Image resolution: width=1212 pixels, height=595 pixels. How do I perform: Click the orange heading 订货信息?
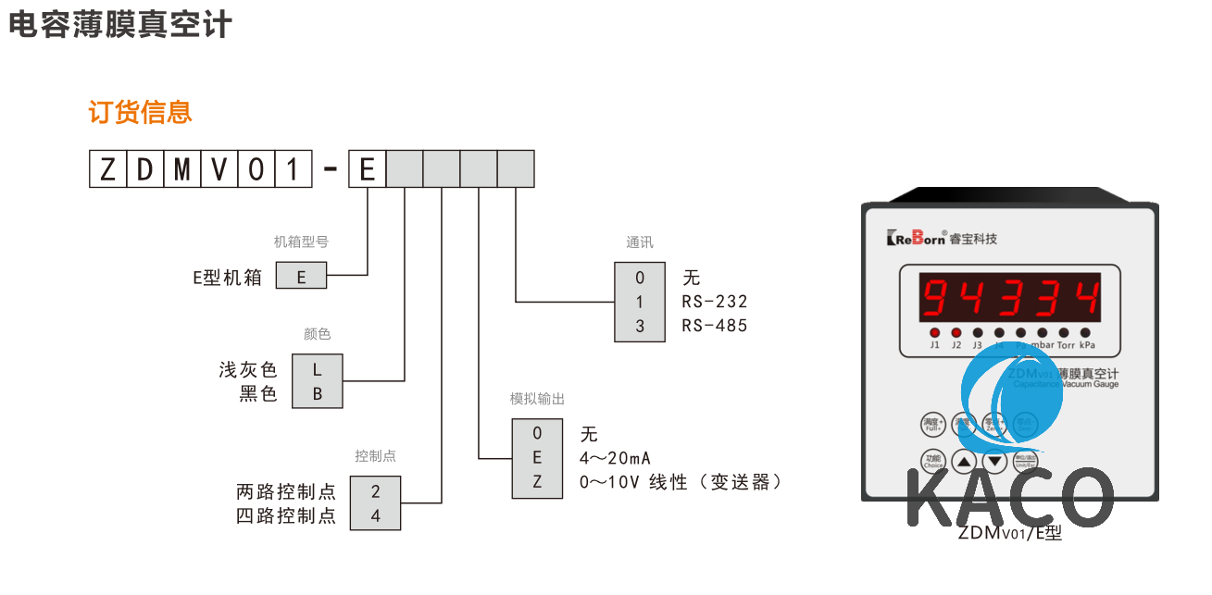click(140, 112)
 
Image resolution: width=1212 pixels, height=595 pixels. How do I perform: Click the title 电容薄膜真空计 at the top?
click(119, 25)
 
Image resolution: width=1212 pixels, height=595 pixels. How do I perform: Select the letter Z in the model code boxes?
click(107, 169)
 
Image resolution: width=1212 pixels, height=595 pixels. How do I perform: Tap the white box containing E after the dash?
click(367, 169)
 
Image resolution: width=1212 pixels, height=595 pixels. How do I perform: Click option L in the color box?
click(318, 368)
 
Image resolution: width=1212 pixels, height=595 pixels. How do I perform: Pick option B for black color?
click(318, 393)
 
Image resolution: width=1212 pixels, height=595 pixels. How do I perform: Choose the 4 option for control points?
click(375, 516)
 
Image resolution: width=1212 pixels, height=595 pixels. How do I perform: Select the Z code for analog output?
click(537, 482)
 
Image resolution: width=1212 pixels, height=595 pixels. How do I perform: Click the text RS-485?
click(714, 326)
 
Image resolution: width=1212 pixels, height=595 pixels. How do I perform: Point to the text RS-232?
click(714, 302)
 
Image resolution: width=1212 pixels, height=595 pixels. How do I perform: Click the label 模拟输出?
click(537, 399)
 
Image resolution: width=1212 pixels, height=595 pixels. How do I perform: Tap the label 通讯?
click(640, 242)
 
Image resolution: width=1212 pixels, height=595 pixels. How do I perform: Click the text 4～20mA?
click(615, 458)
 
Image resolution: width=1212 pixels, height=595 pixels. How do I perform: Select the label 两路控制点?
click(286, 491)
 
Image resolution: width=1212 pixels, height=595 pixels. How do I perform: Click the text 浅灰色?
click(247, 369)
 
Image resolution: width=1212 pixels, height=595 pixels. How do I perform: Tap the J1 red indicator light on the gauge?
click(934, 332)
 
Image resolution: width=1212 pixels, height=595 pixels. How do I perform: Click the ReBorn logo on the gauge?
click(917, 238)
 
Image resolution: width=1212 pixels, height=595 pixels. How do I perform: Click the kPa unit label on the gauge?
click(1087, 345)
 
